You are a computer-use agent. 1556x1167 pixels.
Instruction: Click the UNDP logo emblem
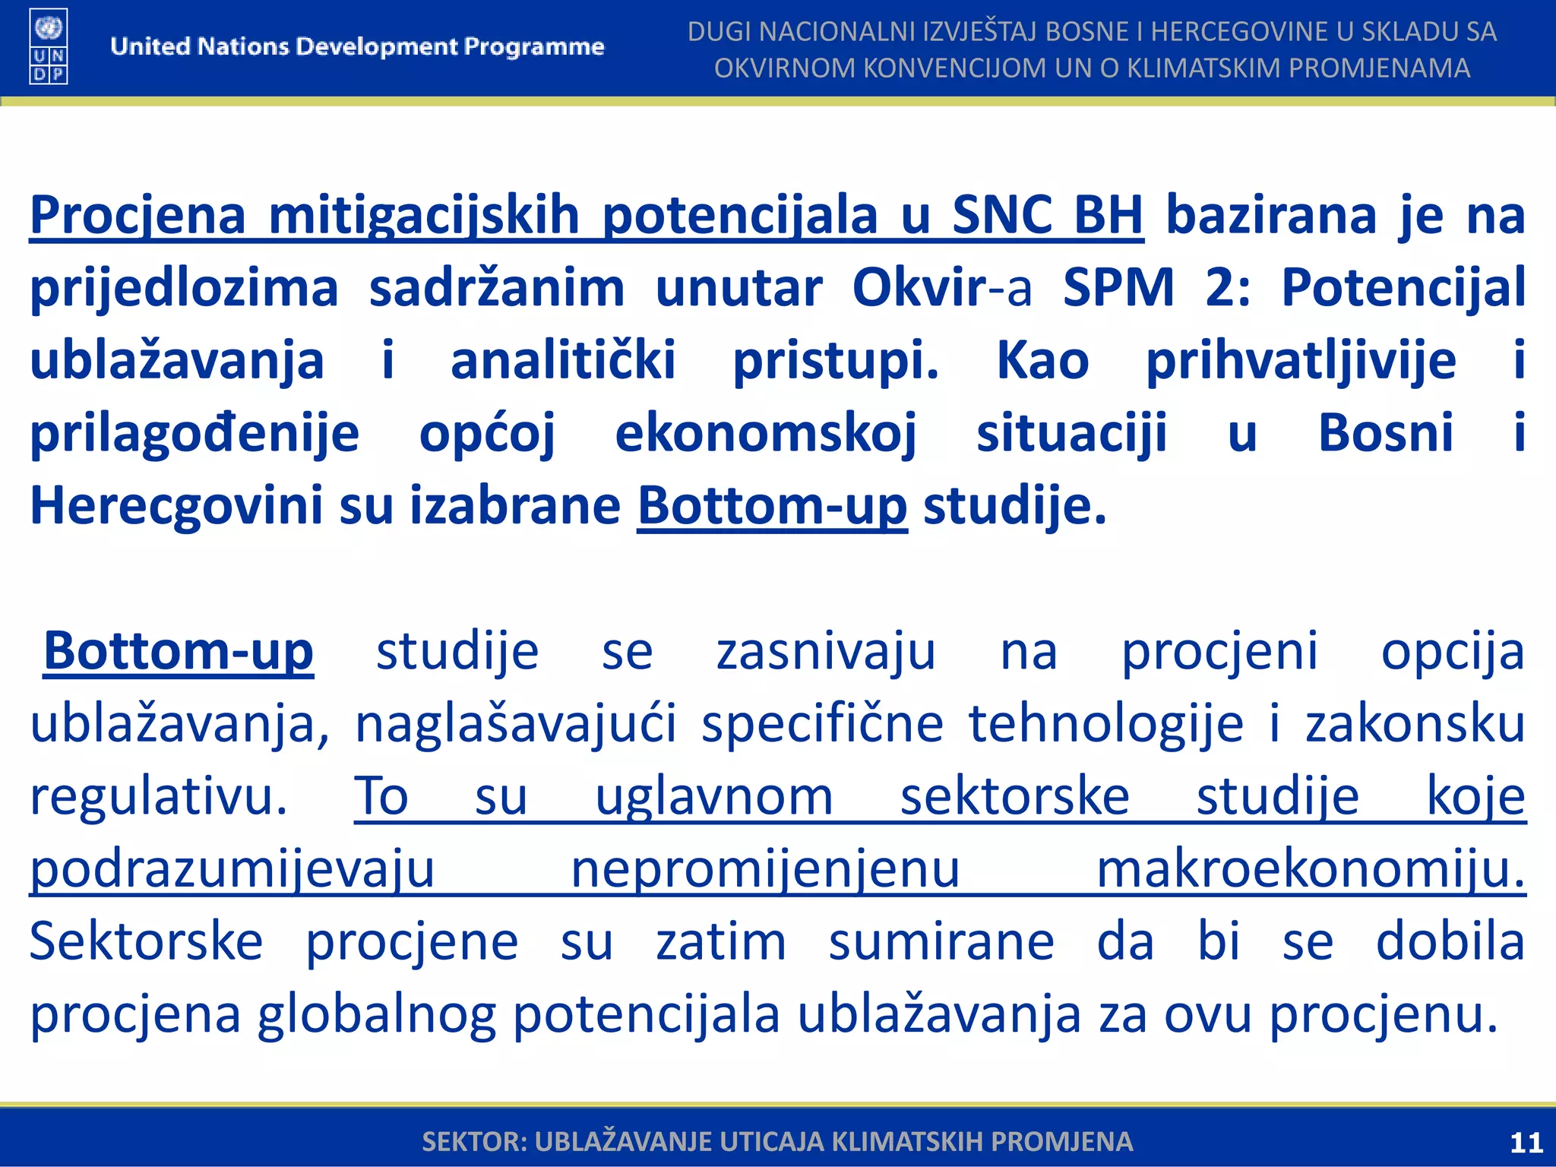point(49,46)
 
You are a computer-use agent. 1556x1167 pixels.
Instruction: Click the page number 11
point(1526,1143)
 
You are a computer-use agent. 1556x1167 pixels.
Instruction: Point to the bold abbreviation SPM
point(1118,289)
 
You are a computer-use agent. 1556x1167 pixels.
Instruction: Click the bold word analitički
point(562,361)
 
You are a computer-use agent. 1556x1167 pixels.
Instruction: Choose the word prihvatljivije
point(1301,361)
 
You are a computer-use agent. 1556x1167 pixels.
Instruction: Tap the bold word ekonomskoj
point(765,434)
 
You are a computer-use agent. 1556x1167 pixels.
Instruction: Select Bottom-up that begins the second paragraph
point(179,652)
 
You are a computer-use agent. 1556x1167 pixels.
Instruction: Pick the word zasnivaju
point(826,652)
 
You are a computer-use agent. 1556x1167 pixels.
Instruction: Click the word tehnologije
point(1106,725)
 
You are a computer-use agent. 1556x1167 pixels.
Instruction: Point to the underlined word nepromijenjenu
point(765,870)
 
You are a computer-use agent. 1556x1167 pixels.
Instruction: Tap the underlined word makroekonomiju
point(1311,870)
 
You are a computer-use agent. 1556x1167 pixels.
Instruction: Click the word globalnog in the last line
point(376,1015)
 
